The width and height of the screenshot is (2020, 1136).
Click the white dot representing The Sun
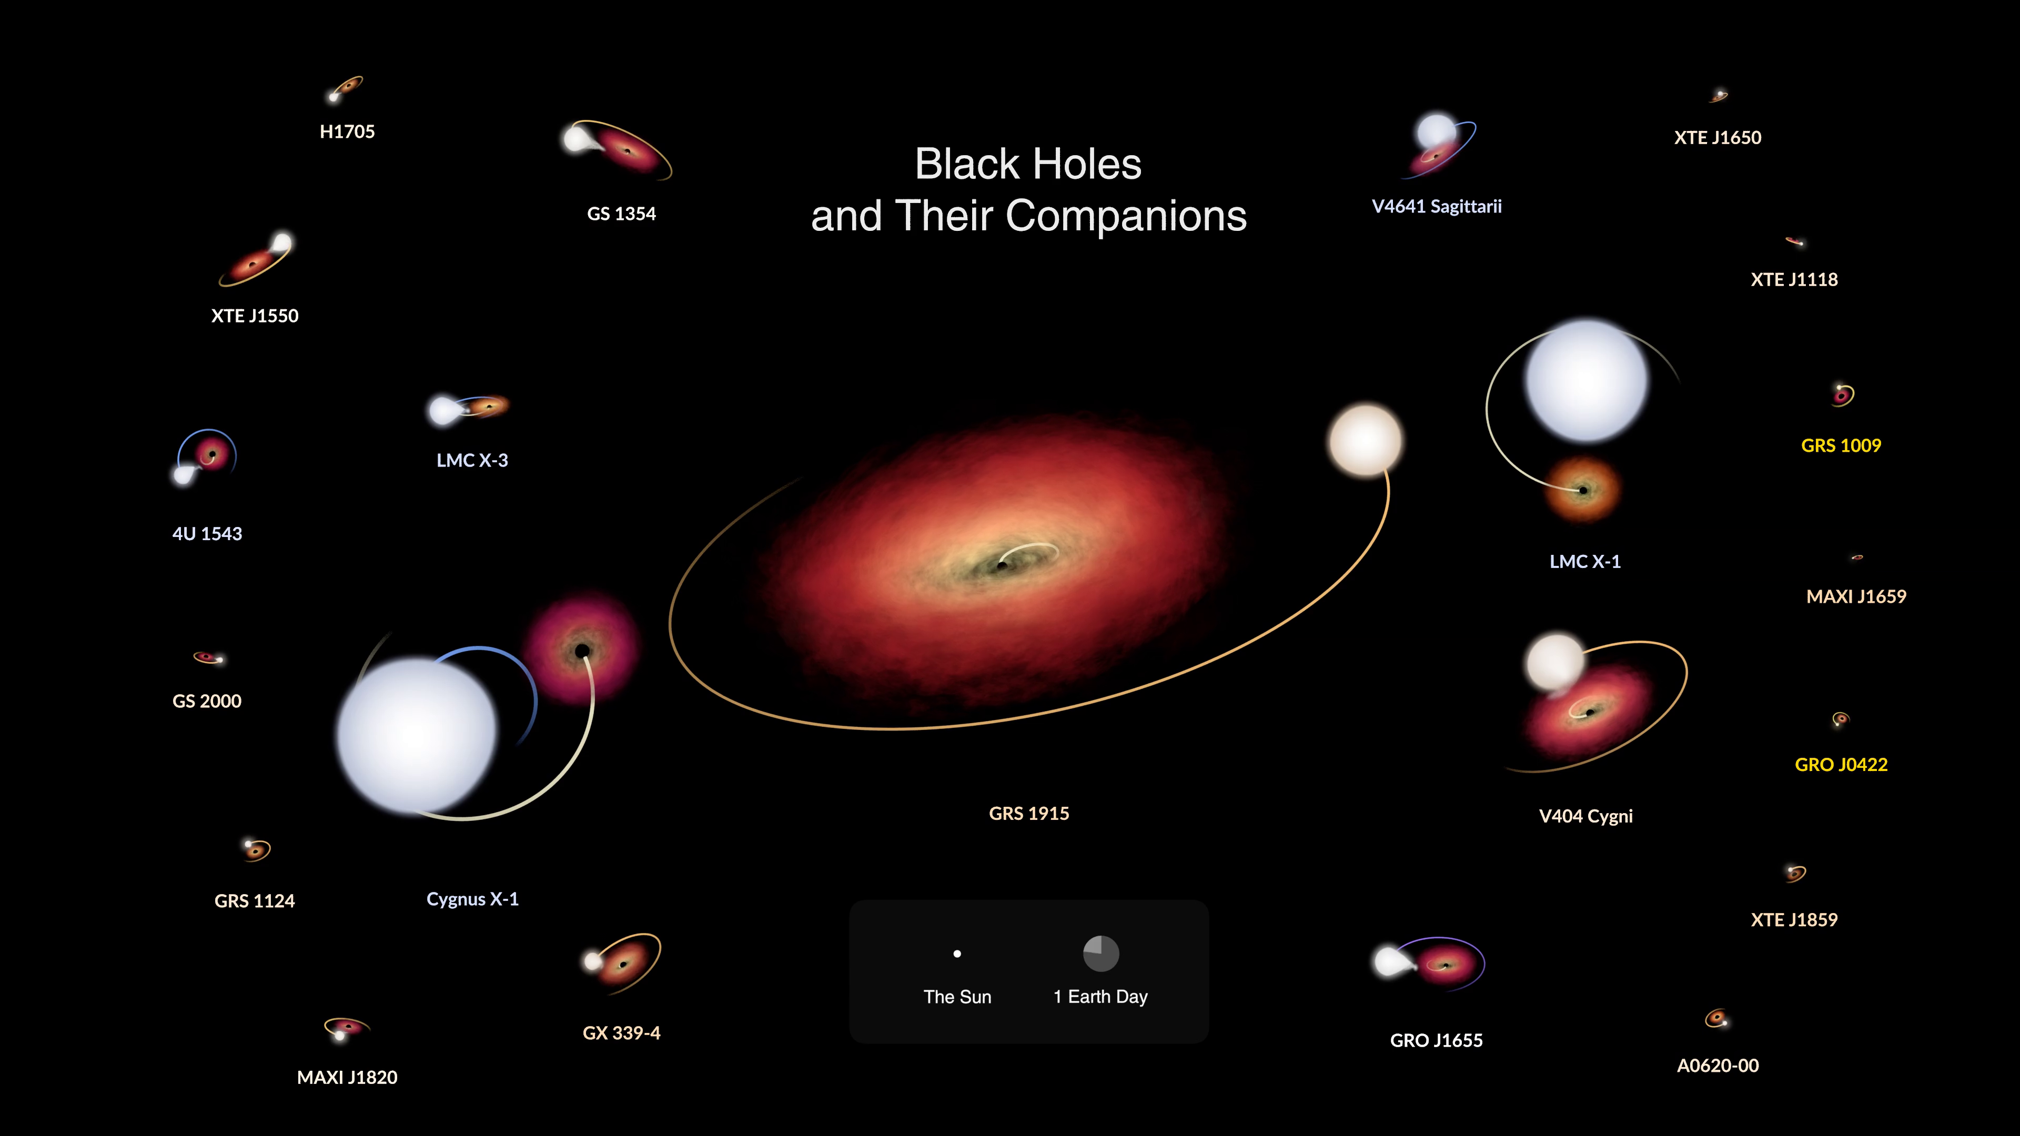pyautogui.click(x=957, y=954)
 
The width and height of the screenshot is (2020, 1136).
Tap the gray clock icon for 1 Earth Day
pyautogui.click(x=1101, y=954)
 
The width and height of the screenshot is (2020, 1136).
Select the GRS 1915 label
pyautogui.click(x=1029, y=814)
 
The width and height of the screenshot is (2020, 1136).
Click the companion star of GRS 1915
pyautogui.click(x=1365, y=441)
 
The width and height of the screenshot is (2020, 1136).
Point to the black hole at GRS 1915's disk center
pyautogui.click(x=1002, y=564)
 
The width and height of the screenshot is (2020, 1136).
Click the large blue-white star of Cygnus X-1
pyautogui.click(x=417, y=735)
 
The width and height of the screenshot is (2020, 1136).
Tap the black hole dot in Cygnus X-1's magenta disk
pyautogui.click(x=582, y=651)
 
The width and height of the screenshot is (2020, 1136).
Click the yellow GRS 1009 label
pyautogui.click(x=1841, y=446)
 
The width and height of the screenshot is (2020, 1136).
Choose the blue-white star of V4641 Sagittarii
pyautogui.click(x=1437, y=131)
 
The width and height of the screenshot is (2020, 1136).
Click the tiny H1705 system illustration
pyautogui.click(x=345, y=88)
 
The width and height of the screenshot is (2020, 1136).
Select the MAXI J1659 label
pyautogui.click(x=1856, y=596)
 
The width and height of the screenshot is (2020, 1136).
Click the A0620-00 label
pyautogui.click(x=1718, y=1066)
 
